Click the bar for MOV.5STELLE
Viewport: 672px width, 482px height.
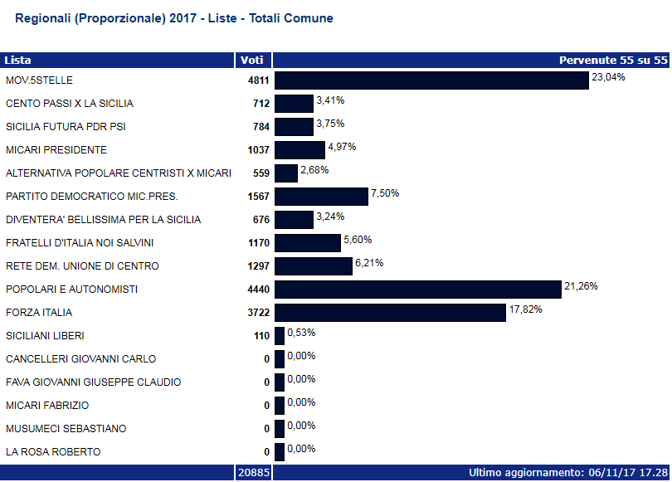tap(431, 80)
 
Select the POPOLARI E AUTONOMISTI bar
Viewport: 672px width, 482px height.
tap(418, 290)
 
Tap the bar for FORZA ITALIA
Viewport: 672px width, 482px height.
tap(390, 313)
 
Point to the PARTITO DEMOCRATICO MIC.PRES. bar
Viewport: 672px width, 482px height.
tap(321, 197)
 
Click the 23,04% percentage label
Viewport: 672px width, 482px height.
tap(608, 77)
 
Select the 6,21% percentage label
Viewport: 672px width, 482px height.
tap(372, 263)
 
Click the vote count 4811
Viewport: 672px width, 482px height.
tap(258, 80)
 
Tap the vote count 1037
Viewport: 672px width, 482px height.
tap(258, 150)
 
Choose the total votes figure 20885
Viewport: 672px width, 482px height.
tap(252, 473)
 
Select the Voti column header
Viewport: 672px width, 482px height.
tap(251, 60)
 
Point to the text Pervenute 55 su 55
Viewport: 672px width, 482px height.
tap(612, 60)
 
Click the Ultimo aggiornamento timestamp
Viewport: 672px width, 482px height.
tap(568, 473)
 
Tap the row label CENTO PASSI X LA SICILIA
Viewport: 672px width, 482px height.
tap(70, 104)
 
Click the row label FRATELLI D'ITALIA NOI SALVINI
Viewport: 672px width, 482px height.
tap(80, 243)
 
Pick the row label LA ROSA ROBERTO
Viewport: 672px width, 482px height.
tap(53, 452)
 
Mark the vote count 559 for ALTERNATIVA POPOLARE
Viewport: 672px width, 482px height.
tap(261, 173)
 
